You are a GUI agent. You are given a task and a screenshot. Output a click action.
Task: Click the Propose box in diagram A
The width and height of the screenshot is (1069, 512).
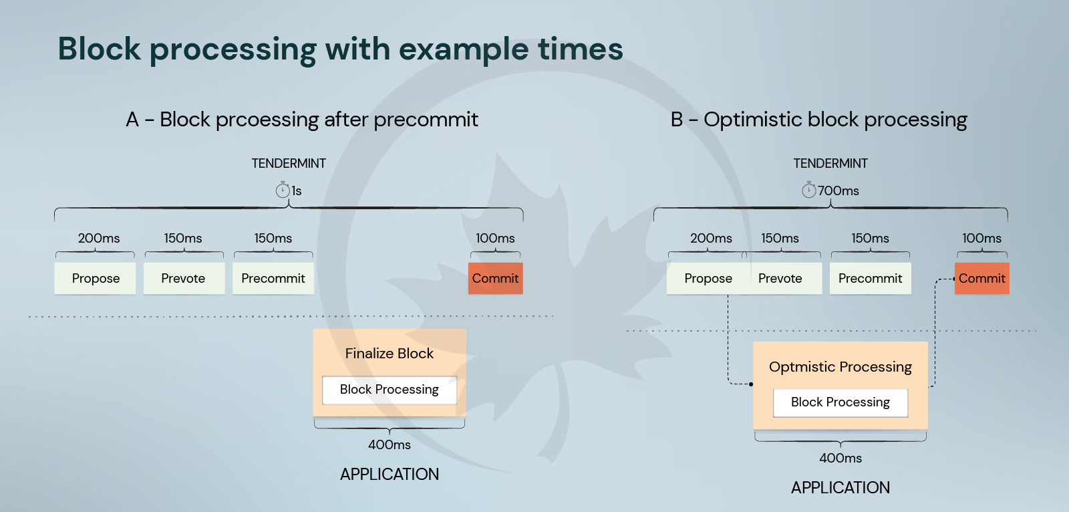(x=95, y=278)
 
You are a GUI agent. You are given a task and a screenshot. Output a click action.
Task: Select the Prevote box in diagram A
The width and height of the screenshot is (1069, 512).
(x=184, y=278)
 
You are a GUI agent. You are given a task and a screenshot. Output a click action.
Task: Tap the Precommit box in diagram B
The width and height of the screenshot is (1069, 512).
(x=871, y=278)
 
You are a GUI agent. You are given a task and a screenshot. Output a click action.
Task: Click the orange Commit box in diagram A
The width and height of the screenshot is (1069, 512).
(x=495, y=278)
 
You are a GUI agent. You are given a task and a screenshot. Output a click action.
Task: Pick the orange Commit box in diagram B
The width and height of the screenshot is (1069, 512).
(x=982, y=278)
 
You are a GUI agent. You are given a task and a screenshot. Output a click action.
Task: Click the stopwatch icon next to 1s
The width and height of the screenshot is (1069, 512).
(x=283, y=190)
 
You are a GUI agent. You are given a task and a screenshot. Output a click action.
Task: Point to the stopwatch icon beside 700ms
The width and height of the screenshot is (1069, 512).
(x=808, y=190)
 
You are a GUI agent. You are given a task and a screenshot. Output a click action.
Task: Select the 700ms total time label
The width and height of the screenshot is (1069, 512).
(x=838, y=190)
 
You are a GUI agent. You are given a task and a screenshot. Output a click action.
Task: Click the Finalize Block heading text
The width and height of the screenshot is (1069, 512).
(x=390, y=354)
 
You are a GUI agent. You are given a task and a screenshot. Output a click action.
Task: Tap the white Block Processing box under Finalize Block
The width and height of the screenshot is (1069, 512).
(x=390, y=390)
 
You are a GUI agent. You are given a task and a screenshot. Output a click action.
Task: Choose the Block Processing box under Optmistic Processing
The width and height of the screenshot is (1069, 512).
(x=841, y=402)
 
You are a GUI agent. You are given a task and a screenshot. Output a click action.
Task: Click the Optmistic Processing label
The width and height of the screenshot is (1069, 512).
(x=841, y=367)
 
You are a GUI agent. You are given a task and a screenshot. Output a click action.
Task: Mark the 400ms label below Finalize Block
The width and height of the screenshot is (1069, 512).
(x=390, y=444)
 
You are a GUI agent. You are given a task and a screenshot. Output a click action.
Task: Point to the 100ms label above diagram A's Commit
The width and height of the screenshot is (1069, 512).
(x=495, y=238)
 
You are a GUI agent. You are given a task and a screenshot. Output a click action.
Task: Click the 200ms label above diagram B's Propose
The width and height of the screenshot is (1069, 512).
(x=711, y=238)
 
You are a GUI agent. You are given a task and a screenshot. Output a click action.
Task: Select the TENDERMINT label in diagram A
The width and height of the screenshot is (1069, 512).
(x=289, y=163)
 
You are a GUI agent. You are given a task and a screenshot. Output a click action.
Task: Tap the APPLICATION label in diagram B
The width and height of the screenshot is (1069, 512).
(x=841, y=488)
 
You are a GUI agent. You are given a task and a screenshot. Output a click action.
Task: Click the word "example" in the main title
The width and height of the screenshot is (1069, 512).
(x=464, y=49)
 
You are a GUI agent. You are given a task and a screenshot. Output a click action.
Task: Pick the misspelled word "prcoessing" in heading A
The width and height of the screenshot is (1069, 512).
(x=267, y=120)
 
